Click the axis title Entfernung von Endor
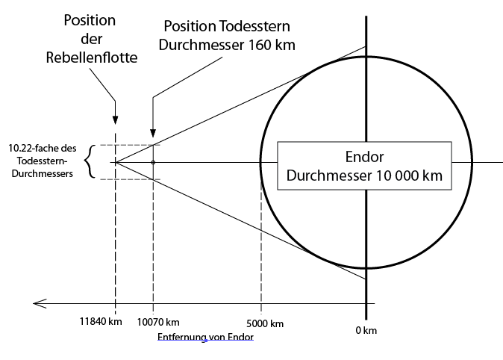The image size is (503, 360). click(x=207, y=337)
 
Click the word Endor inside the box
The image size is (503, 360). click(x=364, y=158)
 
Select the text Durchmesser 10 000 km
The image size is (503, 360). click(x=364, y=176)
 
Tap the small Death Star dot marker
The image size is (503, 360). click(x=153, y=162)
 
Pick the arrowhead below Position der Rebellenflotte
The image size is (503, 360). click(x=115, y=120)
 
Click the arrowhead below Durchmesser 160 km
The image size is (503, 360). click(x=153, y=120)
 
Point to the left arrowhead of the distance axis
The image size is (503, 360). click(x=36, y=303)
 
